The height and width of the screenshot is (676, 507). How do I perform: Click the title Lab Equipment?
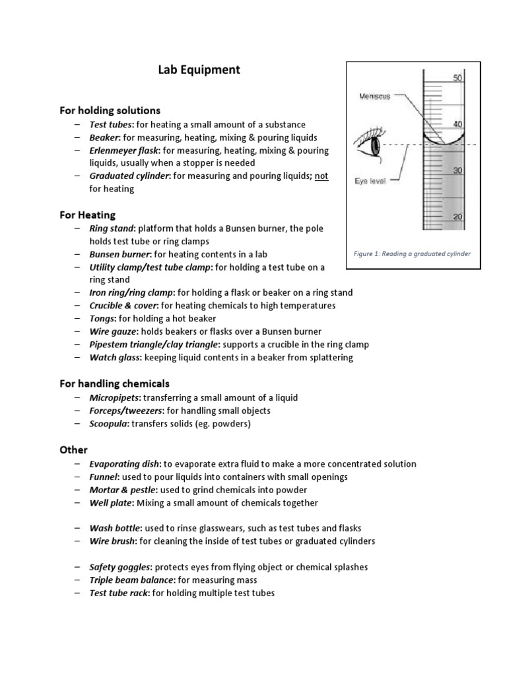(198, 70)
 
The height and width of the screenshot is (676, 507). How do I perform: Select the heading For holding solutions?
(110, 110)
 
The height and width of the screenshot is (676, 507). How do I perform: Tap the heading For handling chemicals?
(115, 384)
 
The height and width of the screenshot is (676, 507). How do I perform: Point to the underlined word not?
(321, 176)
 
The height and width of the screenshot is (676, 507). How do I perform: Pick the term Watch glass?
(114, 358)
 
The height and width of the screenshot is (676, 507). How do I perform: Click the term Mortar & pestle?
(122, 490)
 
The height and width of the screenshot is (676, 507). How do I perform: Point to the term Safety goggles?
(119, 567)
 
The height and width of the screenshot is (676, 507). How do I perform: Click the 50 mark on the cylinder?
(457, 78)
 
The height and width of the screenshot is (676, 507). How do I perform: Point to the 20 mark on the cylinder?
(457, 217)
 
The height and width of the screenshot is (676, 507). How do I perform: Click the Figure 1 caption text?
(412, 254)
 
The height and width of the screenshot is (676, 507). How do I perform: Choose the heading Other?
(73, 450)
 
